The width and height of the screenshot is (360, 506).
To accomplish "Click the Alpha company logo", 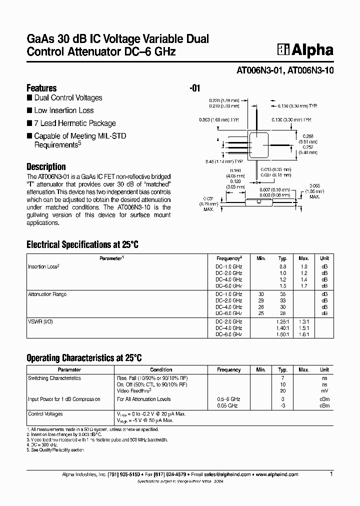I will pyautogui.click(x=305, y=50).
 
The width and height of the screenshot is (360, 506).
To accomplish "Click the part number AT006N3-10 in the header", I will pyautogui.click(x=310, y=71).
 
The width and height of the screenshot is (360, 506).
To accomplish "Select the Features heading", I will pyautogui.click(x=41, y=87).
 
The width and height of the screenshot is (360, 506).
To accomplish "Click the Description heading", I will pyautogui.click(x=46, y=166).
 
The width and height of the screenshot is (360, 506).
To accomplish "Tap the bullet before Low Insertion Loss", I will pyautogui.click(x=29, y=110).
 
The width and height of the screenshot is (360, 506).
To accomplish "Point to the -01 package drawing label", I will pyautogui.click(x=195, y=88).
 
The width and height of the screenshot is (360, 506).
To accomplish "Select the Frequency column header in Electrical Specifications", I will pyautogui.click(x=229, y=258).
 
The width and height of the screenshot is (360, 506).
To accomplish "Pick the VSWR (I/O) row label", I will pyautogui.click(x=40, y=321).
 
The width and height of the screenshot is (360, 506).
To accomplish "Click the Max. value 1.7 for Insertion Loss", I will pyautogui.click(x=304, y=285).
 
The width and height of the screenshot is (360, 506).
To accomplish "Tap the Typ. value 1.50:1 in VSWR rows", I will pyautogui.click(x=283, y=334).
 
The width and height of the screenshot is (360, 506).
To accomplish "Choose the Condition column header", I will pyautogui.click(x=161, y=370).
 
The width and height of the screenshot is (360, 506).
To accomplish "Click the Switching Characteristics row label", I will pyautogui.click(x=54, y=378).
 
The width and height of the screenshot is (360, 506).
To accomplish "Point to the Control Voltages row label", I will pyautogui.click(x=45, y=414).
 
